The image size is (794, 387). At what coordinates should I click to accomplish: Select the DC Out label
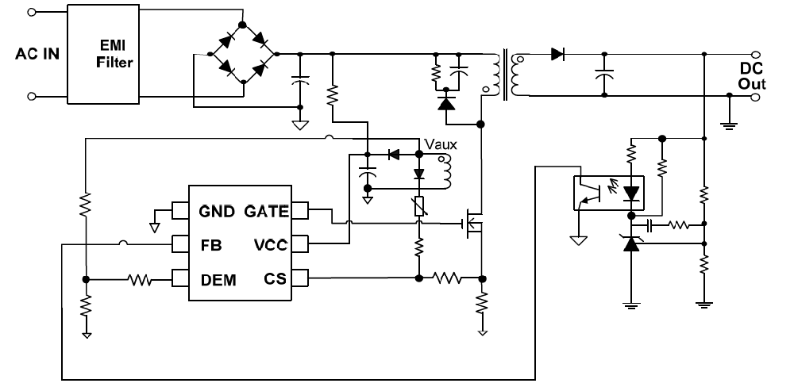pyautogui.click(x=750, y=77)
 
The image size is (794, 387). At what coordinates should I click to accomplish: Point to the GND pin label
pyautogui.click(x=217, y=211)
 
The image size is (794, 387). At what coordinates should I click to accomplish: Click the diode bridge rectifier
pyautogui.click(x=241, y=55)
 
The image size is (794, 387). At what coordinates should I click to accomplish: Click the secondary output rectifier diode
pyautogui.click(x=557, y=55)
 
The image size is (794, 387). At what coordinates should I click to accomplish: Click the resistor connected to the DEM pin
pyautogui.click(x=141, y=279)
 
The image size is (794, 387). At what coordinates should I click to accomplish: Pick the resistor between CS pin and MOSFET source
pyautogui.click(x=449, y=278)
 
